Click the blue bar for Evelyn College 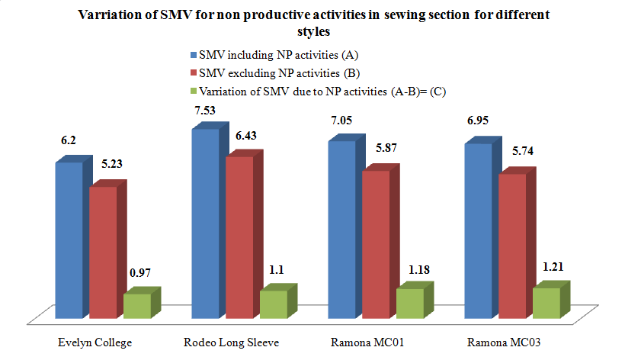(68, 240)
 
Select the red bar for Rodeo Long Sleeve (239, 236)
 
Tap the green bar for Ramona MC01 (410, 303)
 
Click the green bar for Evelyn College (137, 305)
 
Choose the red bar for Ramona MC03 (512, 246)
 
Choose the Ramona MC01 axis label (377, 342)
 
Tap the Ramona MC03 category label (514, 342)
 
